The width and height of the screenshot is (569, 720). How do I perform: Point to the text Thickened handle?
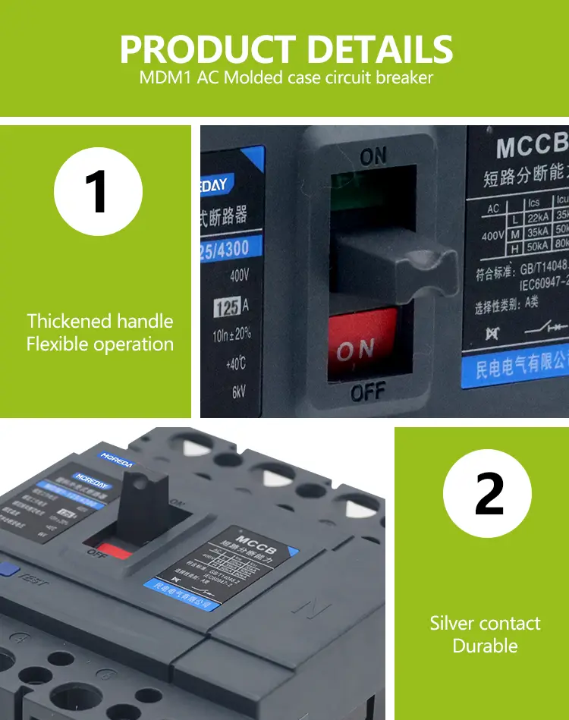click(x=100, y=321)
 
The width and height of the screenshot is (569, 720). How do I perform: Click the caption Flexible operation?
click(x=100, y=344)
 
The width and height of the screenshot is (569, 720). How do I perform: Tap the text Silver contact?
click(x=485, y=624)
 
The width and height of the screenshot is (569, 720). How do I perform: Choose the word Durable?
click(x=485, y=646)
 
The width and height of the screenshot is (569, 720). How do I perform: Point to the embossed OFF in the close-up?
click(x=368, y=392)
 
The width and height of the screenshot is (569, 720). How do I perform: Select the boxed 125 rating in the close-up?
click(x=226, y=307)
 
